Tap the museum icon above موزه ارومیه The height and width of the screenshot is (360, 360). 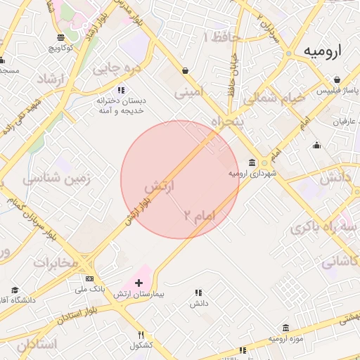pos(285,328)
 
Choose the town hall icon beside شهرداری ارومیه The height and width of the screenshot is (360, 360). pos(252,162)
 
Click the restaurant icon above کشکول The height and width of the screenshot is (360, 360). pos(141,335)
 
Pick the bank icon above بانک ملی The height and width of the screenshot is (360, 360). pos(89,278)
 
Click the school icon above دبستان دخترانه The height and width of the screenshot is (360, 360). pos(120,90)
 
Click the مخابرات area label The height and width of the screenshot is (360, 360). pos(56,263)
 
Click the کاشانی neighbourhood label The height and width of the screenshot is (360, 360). pos(340,262)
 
